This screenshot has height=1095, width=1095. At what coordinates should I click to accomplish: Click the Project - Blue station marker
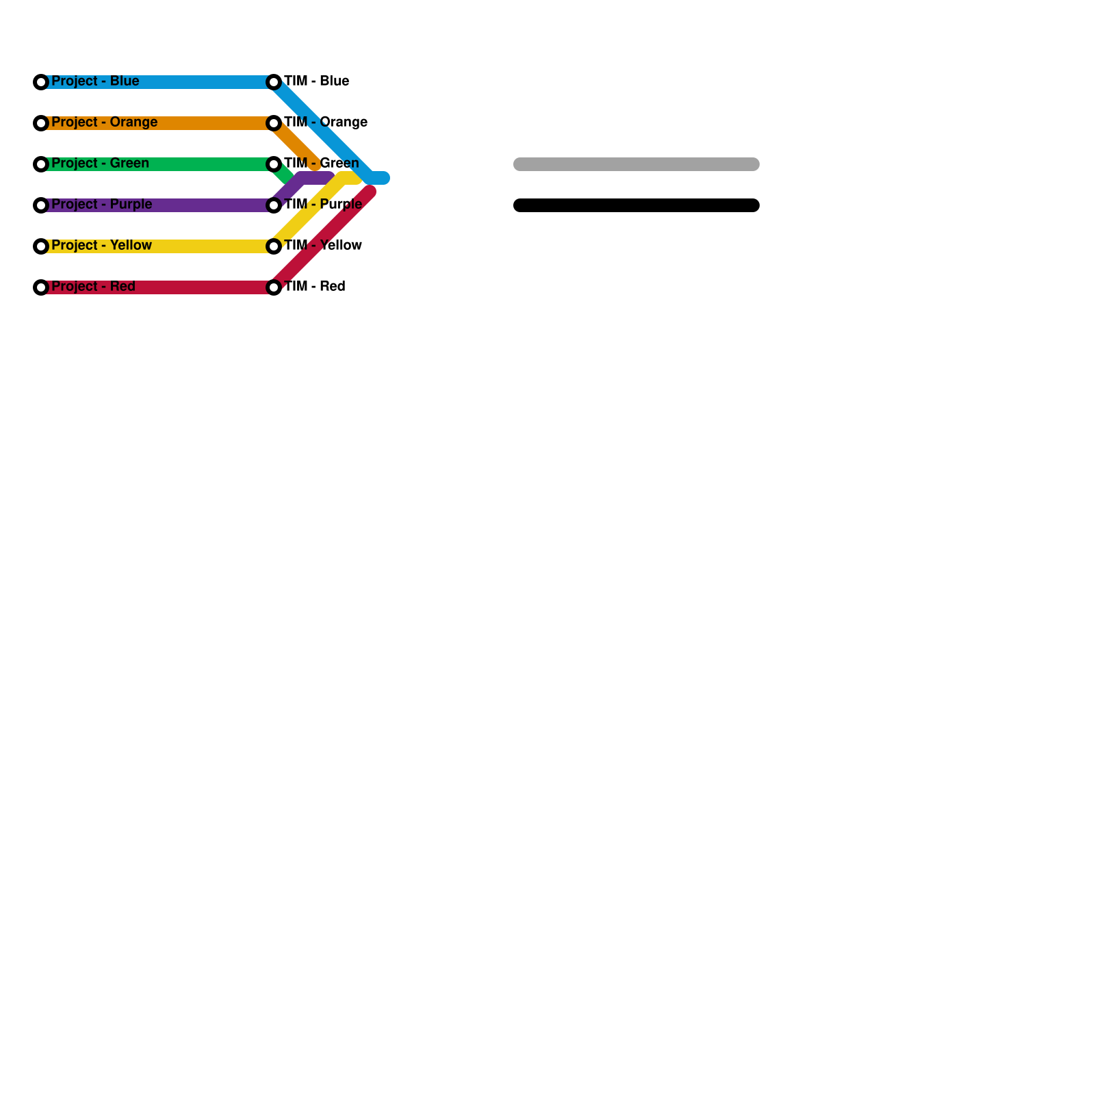41,82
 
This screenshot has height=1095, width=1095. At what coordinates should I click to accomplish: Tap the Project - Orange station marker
41,123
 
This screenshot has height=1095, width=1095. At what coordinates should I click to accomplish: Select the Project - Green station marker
41,164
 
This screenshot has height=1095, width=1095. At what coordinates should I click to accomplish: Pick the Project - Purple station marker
41,205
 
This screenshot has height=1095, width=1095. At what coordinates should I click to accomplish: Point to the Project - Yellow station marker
41,246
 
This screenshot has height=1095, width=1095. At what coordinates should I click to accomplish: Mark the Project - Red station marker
41,287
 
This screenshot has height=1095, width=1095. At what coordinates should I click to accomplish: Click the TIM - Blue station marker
274,82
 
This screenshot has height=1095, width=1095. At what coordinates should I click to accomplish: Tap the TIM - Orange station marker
274,123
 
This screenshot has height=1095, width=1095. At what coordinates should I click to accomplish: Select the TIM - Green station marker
274,164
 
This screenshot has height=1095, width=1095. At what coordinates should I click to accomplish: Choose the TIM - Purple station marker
274,205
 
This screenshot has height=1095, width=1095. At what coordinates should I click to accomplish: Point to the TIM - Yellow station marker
274,246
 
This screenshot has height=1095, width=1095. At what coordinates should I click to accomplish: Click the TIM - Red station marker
274,287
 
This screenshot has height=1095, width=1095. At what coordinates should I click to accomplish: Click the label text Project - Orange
104,122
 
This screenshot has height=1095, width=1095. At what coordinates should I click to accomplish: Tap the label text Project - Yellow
101,245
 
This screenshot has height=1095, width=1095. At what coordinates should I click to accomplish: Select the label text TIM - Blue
316,81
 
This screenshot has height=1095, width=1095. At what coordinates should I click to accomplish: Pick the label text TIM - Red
314,286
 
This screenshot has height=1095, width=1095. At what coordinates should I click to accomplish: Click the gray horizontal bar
636,164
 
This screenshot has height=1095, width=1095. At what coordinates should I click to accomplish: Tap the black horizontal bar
636,205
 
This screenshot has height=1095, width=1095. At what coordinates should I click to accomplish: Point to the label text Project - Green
100,163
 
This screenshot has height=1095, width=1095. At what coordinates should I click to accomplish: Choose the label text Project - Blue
95,81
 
